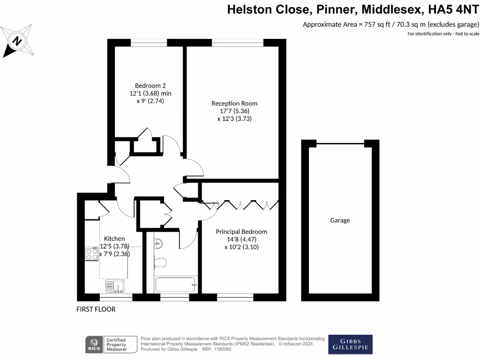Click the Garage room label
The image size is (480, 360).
(x=340, y=220)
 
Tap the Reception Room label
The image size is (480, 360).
(x=234, y=103)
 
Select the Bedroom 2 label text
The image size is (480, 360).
(x=150, y=85)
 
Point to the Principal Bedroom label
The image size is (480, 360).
(x=241, y=232)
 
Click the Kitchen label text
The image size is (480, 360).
(x=114, y=239)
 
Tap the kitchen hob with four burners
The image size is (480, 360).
(x=92, y=254)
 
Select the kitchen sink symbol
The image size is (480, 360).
(x=114, y=285)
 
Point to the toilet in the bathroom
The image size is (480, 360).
(x=159, y=263)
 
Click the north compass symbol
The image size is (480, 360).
(x=18, y=41)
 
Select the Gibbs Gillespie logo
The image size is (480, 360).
(x=350, y=344)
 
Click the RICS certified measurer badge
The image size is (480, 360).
(x=106, y=344)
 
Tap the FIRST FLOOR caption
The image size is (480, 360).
(x=96, y=309)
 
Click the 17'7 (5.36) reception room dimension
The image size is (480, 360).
(x=234, y=111)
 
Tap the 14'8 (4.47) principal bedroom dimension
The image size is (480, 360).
(x=241, y=240)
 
